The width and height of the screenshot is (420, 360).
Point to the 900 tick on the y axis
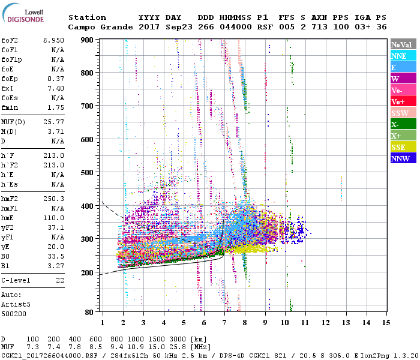pos(88,40)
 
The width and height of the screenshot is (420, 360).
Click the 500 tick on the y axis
pos(88,173)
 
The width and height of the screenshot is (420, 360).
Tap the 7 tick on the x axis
pos(224,322)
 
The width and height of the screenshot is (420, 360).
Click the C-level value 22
pos(59,280)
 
